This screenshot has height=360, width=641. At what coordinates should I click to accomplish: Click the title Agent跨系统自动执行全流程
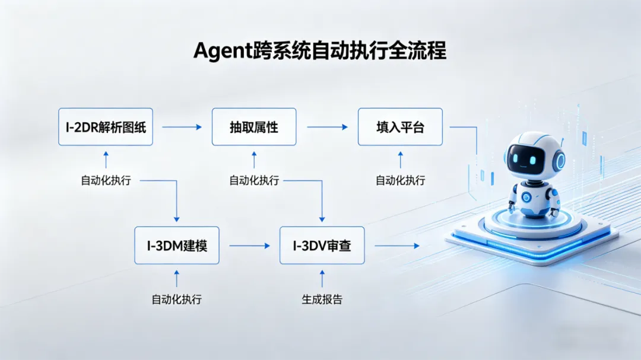point(320,51)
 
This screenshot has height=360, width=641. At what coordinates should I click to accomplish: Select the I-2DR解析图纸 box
point(106,127)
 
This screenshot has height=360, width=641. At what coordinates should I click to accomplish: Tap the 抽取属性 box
point(254,127)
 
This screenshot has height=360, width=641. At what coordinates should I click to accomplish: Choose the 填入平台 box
point(400,127)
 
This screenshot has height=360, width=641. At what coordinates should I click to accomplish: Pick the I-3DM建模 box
point(177,245)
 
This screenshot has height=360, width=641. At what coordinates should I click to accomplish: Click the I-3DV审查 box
point(322,245)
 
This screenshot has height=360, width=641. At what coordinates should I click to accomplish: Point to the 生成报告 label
point(322,300)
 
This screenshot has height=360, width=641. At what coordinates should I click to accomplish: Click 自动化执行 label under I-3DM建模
point(177,300)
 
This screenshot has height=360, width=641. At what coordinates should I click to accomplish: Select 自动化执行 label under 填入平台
point(400,181)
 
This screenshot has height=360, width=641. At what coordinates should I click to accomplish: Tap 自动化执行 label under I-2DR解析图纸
point(106,181)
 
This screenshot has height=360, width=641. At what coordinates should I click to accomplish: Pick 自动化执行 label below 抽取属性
point(254,181)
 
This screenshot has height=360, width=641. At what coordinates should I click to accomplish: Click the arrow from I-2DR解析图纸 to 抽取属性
point(182,127)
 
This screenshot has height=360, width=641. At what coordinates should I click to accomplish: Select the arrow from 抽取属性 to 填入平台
point(327,127)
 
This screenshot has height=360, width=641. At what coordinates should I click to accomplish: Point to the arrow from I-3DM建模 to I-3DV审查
point(249,246)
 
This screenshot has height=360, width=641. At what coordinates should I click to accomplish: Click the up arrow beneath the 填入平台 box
point(400,160)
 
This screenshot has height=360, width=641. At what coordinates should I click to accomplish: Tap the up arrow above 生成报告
point(322,278)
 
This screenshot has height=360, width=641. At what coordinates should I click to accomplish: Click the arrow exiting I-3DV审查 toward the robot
point(396,246)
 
